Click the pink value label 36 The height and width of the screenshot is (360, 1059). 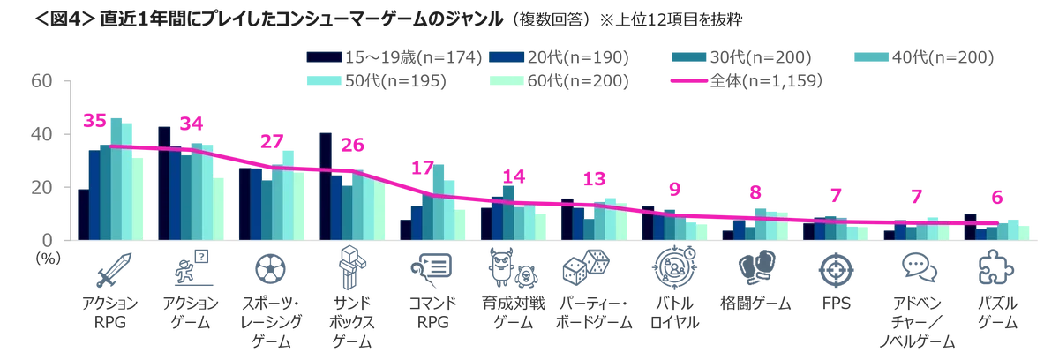click(94, 121)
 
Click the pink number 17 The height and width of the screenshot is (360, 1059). click(425, 168)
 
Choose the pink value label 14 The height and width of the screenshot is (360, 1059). click(513, 176)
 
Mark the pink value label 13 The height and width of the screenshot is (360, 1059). click(592, 179)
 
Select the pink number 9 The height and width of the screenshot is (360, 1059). click(676, 189)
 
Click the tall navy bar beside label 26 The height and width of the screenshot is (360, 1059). click(326, 185)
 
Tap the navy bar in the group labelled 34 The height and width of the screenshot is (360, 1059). click(163, 181)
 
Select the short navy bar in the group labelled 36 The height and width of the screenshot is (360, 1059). click(82, 214)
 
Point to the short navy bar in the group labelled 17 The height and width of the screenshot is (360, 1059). click(405, 229)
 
